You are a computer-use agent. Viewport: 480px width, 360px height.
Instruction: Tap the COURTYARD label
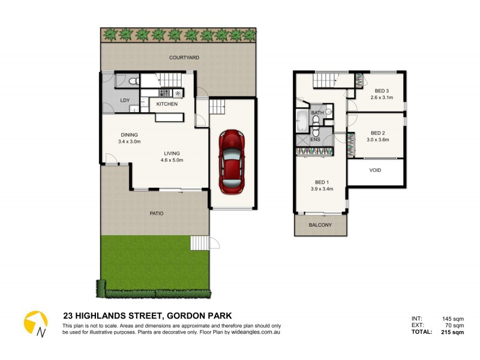184,58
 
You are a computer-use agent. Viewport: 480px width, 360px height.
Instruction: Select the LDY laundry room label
125,101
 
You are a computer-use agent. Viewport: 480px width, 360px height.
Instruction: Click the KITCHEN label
166,104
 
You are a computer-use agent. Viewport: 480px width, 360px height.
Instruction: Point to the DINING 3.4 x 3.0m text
130,138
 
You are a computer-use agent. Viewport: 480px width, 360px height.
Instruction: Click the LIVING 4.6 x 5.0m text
171,156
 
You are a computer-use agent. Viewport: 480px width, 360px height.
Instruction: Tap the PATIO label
156,213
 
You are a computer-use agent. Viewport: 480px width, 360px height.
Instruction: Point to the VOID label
375,170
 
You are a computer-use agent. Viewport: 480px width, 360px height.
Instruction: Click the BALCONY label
321,225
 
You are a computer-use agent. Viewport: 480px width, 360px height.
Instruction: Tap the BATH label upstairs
317,113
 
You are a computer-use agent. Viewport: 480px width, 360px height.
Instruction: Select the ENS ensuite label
315,140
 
